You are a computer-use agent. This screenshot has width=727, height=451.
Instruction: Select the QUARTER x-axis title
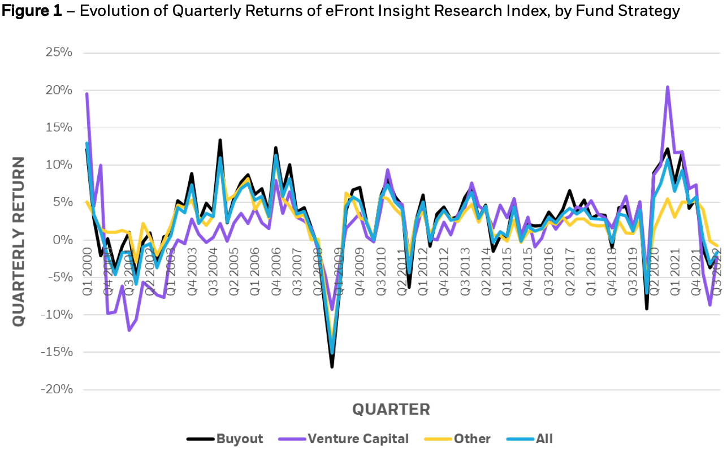coord(391,409)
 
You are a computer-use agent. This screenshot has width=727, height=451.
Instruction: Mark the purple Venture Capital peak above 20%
coord(668,87)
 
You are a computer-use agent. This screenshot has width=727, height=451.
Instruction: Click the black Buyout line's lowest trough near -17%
coord(332,367)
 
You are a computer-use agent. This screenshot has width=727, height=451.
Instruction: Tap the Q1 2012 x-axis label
coord(423,277)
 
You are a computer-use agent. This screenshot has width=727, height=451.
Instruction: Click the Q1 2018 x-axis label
coord(590,277)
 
